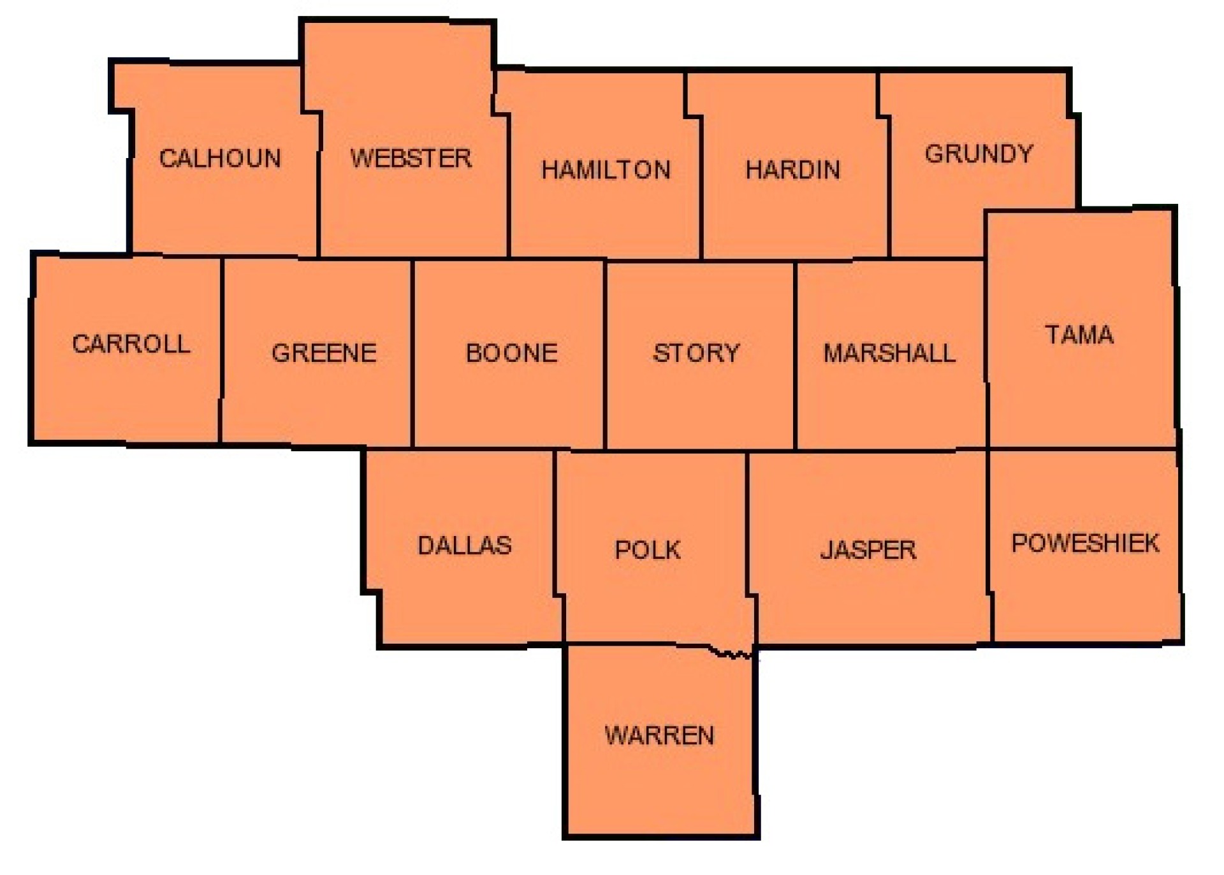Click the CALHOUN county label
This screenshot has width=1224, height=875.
(220, 158)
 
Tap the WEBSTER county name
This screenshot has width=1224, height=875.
(411, 158)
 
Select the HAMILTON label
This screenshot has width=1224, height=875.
(606, 170)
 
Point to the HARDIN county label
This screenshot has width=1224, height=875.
(792, 170)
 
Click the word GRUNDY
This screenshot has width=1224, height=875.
(979, 154)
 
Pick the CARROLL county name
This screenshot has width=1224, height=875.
(131, 344)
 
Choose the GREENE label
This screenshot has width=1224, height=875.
(324, 352)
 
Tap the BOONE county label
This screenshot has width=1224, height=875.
(511, 352)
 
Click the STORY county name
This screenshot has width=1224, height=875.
(696, 352)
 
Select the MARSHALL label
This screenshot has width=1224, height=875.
(889, 352)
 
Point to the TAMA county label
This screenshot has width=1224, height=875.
(1079, 335)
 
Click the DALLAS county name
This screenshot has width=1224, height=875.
(464, 545)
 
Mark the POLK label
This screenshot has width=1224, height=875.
(647, 549)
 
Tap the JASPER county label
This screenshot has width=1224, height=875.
(868, 549)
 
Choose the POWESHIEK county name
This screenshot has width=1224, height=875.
(1085, 543)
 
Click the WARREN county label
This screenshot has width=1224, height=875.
(659, 735)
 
